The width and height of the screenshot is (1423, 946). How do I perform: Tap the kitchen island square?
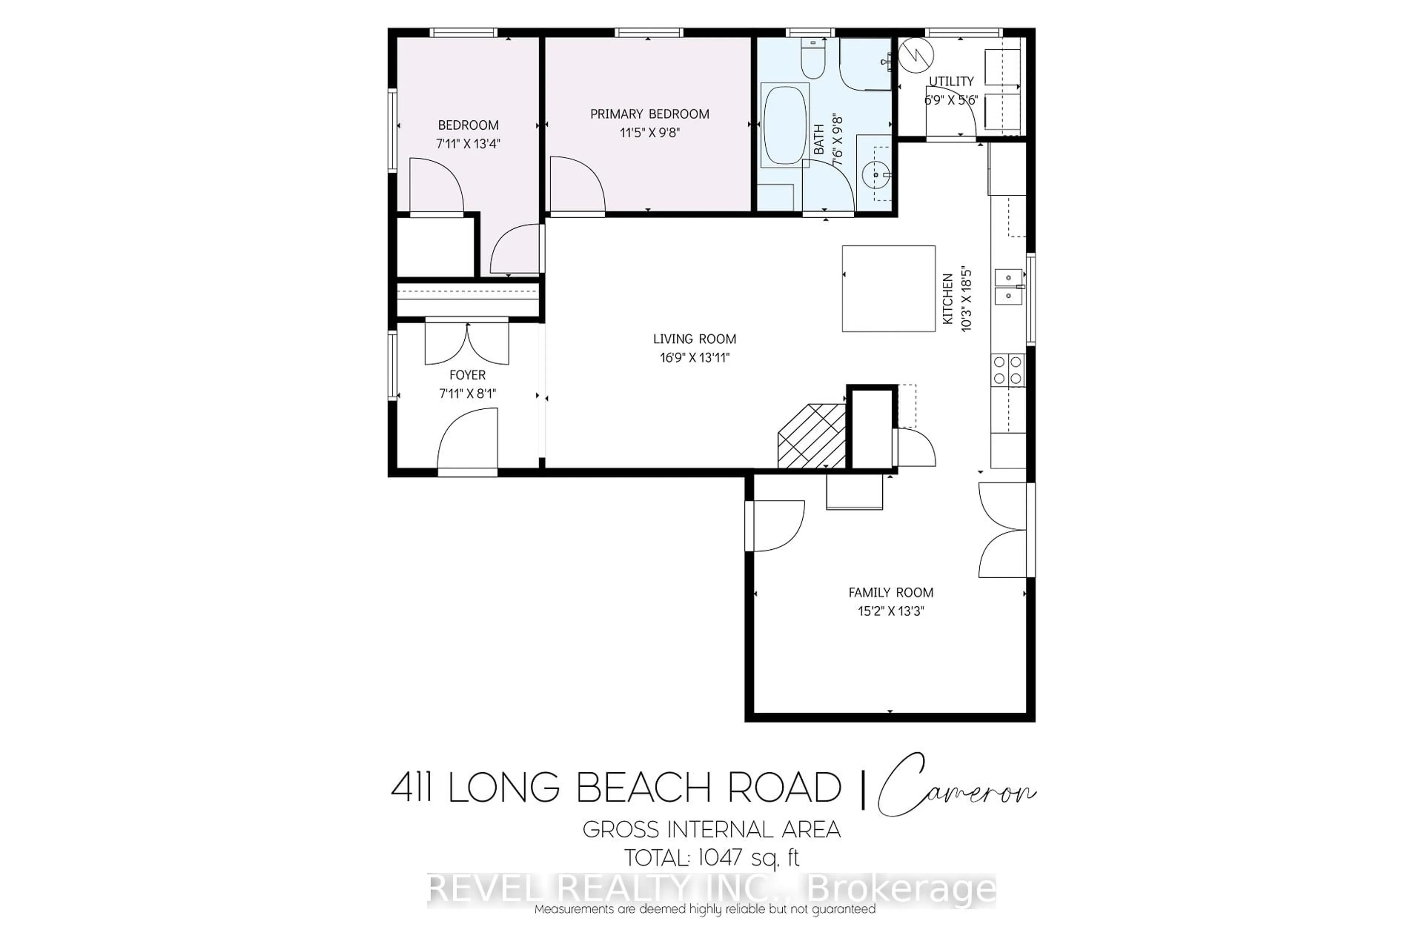[888, 289]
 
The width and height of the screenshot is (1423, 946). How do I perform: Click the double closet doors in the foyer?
[467, 343]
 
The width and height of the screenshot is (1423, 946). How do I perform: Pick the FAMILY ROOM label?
[891, 593]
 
